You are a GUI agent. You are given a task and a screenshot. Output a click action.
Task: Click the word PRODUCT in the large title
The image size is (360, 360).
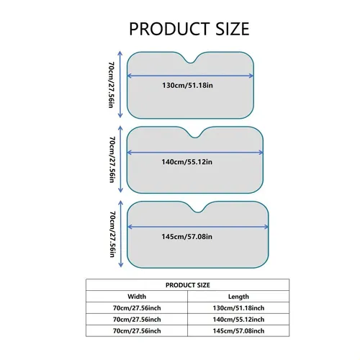pyautogui.click(x=169, y=29)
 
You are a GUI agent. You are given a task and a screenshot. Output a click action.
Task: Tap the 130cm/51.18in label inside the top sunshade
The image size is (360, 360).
pyautogui.click(x=187, y=86)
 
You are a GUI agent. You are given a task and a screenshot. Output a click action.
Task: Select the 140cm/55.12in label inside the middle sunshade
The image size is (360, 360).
pyautogui.click(x=186, y=162)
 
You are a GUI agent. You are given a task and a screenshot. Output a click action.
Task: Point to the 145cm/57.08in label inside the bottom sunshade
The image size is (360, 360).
pyautogui.click(x=186, y=237)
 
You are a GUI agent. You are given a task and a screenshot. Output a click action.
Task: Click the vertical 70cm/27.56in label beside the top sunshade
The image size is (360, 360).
pyautogui.click(x=111, y=85)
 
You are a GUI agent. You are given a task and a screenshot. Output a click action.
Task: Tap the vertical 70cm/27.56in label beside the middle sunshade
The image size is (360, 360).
pyautogui.click(x=112, y=160)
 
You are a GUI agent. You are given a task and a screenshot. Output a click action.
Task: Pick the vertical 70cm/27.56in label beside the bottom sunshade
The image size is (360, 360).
pyautogui.click(x=112, y=234)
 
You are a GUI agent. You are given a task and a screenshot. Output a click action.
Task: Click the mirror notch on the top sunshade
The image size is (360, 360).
pyautogui.click(x=190, y=63)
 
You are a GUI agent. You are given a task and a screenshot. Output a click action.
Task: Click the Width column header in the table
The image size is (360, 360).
pyautogui.click(x=137, y=297)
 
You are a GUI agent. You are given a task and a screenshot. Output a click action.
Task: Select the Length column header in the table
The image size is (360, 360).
pyautogui.click(x=238, y=297)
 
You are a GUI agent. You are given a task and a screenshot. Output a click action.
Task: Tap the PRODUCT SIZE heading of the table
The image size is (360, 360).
pyautogui.click(x=188, y=285)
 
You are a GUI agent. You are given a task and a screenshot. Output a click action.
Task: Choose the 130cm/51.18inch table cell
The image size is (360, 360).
pyautogui.click(x=238, y=308)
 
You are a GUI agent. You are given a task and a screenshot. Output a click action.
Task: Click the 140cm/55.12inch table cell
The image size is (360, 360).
pyautogui.click(x=238, y=320)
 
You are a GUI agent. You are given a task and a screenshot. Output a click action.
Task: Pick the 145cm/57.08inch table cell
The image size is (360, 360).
pyautogui.click(x=238, y=331)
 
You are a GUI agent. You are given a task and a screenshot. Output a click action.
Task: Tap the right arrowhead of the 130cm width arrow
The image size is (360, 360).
pyautogui.click(x=251, y=76)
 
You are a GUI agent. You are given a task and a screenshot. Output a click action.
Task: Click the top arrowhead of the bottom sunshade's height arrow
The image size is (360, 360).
pyautogui.click(x=121, y=203)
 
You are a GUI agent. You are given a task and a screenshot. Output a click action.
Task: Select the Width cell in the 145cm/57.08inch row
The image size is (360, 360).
pyautogui.click(x=137, y=331)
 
